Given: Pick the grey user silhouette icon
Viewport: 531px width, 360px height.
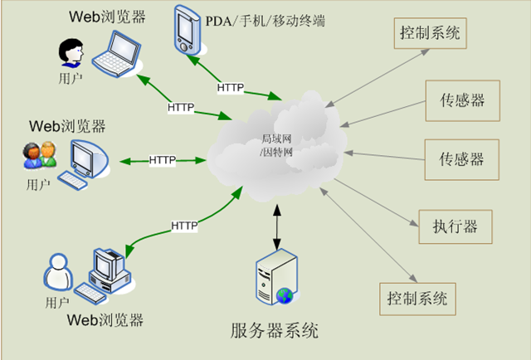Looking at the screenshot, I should [x=58, y=271].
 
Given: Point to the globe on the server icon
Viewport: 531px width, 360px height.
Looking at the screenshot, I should [x=285, y=294].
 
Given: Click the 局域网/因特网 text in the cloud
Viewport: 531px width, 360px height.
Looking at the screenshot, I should [x=275, y=145].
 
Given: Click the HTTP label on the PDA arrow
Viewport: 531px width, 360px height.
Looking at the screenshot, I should [x=230, y=87].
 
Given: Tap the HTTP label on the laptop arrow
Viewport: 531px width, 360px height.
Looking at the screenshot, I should [x=180, y=107].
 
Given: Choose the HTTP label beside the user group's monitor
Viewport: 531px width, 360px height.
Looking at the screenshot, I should [x=163, y=159].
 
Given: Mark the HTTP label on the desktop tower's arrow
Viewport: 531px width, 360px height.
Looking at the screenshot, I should [x=184, y=225].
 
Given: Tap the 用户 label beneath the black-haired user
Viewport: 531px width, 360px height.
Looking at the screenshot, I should [x=71, y=79].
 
